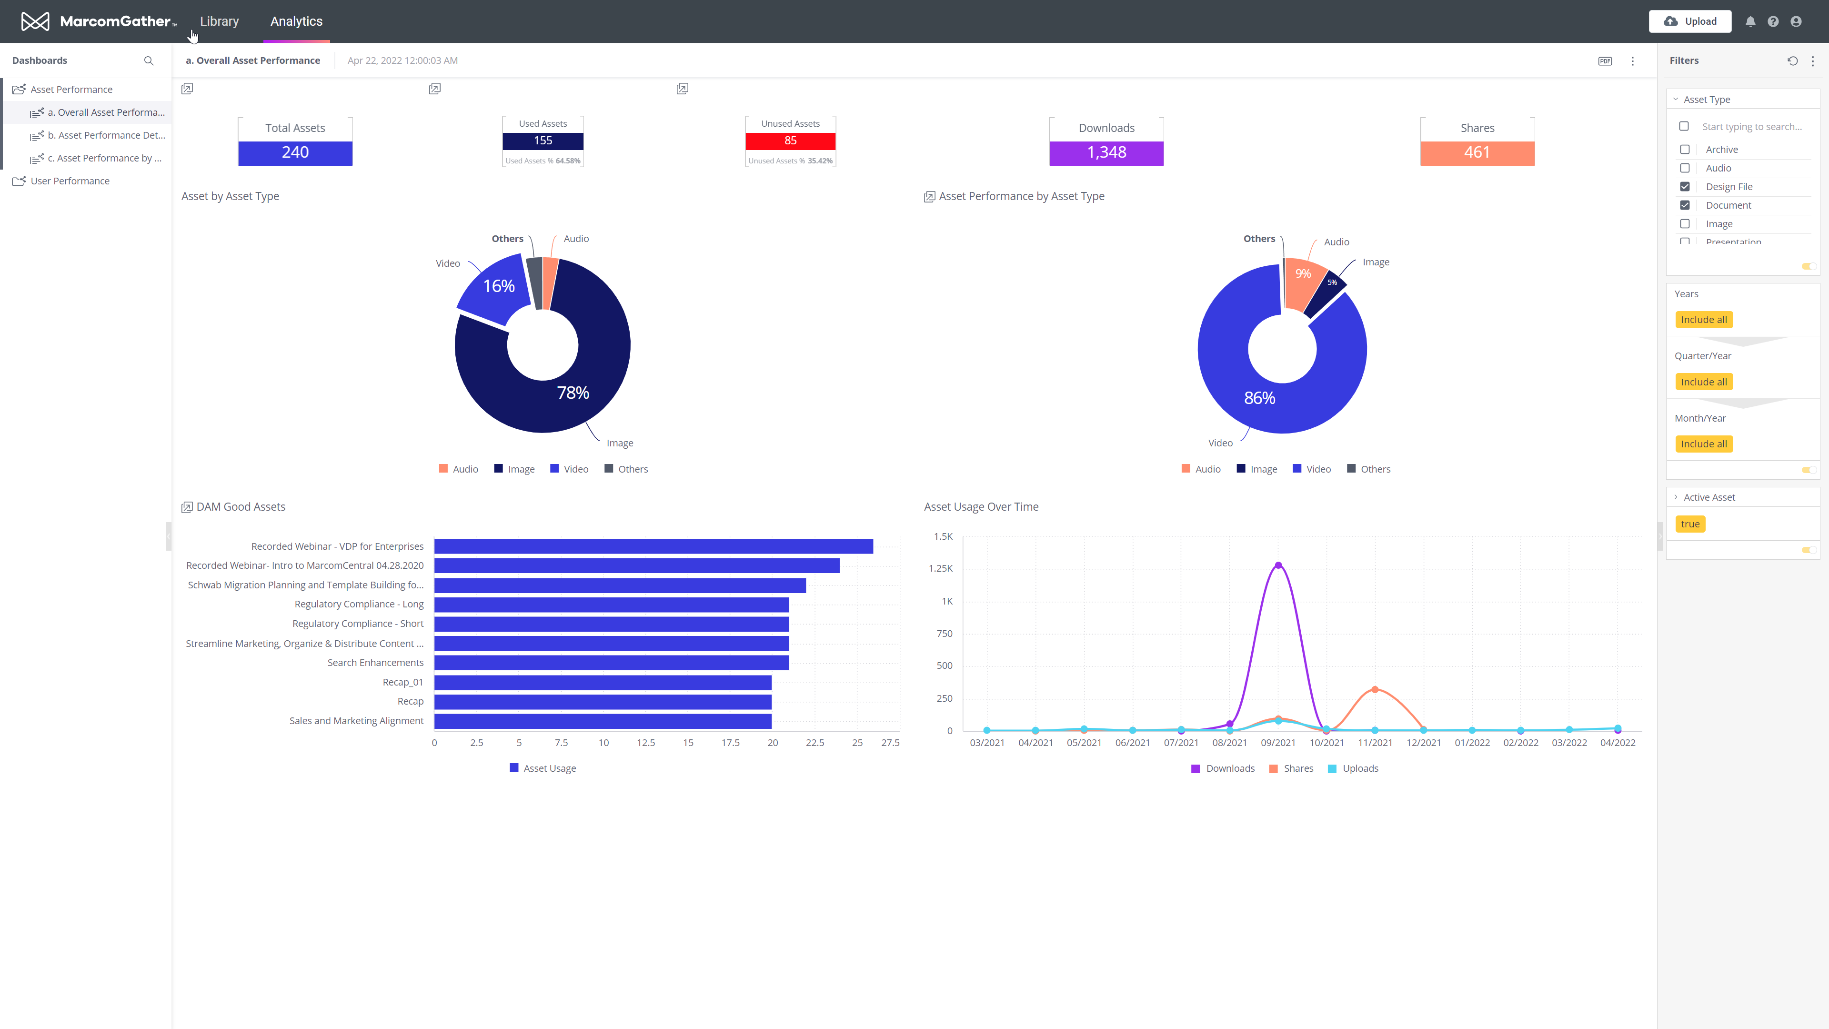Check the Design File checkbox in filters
point(1684,187)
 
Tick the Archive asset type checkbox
point(1684,149)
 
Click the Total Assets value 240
point(295,152)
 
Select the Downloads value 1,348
point(1105,152)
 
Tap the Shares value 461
point(1477,152)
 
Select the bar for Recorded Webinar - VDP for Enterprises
point(653,546)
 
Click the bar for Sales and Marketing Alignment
point(602,721)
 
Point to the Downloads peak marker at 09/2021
point(1278,565)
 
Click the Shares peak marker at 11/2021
point(1375,689)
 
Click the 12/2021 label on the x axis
point(1423,743)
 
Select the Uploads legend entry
point(1353,768)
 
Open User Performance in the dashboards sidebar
point(70,181)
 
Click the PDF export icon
point(1605,61)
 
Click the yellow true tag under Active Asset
point(1690,524)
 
